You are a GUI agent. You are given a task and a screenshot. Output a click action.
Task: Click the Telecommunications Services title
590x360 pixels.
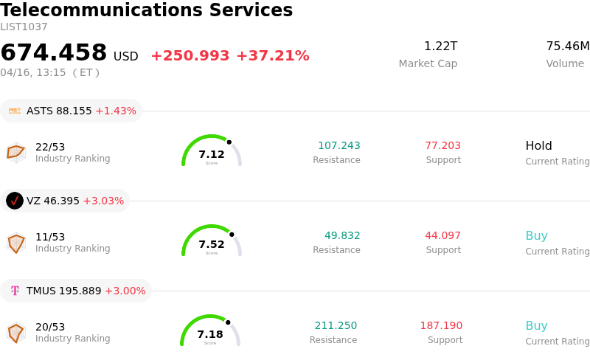point(147,11)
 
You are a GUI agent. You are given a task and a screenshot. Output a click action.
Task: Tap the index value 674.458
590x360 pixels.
point(54,53)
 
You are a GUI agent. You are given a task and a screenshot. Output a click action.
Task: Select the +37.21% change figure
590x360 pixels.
point(272,56)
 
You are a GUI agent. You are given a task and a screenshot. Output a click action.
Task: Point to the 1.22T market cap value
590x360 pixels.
point(440,46)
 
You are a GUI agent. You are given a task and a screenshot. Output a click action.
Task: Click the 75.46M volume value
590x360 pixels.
point(567,46)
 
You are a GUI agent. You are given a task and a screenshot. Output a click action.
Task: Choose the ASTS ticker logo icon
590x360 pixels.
point(15,111)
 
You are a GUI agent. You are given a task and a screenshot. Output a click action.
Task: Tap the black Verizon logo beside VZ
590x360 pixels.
point(15,201)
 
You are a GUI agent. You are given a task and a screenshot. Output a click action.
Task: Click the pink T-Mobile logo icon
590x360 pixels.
point(15,291)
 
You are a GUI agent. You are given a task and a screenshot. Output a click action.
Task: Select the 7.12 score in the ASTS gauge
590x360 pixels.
point(212,154)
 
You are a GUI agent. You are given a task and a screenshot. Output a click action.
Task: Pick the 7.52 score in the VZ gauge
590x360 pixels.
point(212,244)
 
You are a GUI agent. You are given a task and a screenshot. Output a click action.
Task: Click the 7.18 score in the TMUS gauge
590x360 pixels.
point(210,334)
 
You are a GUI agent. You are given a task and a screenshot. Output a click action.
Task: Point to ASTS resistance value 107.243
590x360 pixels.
point(339,146)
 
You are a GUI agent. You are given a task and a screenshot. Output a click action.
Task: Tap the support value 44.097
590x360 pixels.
point(442,236)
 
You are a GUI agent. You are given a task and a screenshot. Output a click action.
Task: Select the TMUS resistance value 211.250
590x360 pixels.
point(336,326)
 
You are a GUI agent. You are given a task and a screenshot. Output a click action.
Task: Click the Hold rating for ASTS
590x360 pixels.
point(538,146)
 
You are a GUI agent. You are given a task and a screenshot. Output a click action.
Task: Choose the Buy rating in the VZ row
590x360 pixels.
point(536,236)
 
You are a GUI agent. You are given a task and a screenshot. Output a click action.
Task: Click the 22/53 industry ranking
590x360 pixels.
point(50,147)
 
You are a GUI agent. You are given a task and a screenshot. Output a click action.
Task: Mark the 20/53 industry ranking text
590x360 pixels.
point(50,327)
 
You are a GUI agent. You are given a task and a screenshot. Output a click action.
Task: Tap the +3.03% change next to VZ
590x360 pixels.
point(103,201)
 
